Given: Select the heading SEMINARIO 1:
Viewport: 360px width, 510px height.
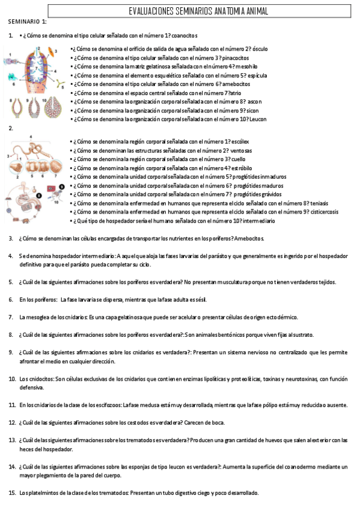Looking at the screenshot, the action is pos(27,22).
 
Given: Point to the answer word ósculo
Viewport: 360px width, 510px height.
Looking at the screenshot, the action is pos(260,49).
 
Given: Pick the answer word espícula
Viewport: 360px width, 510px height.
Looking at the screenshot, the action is pos(253,76).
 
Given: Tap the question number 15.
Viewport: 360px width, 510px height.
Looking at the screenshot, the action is pos(12,493).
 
